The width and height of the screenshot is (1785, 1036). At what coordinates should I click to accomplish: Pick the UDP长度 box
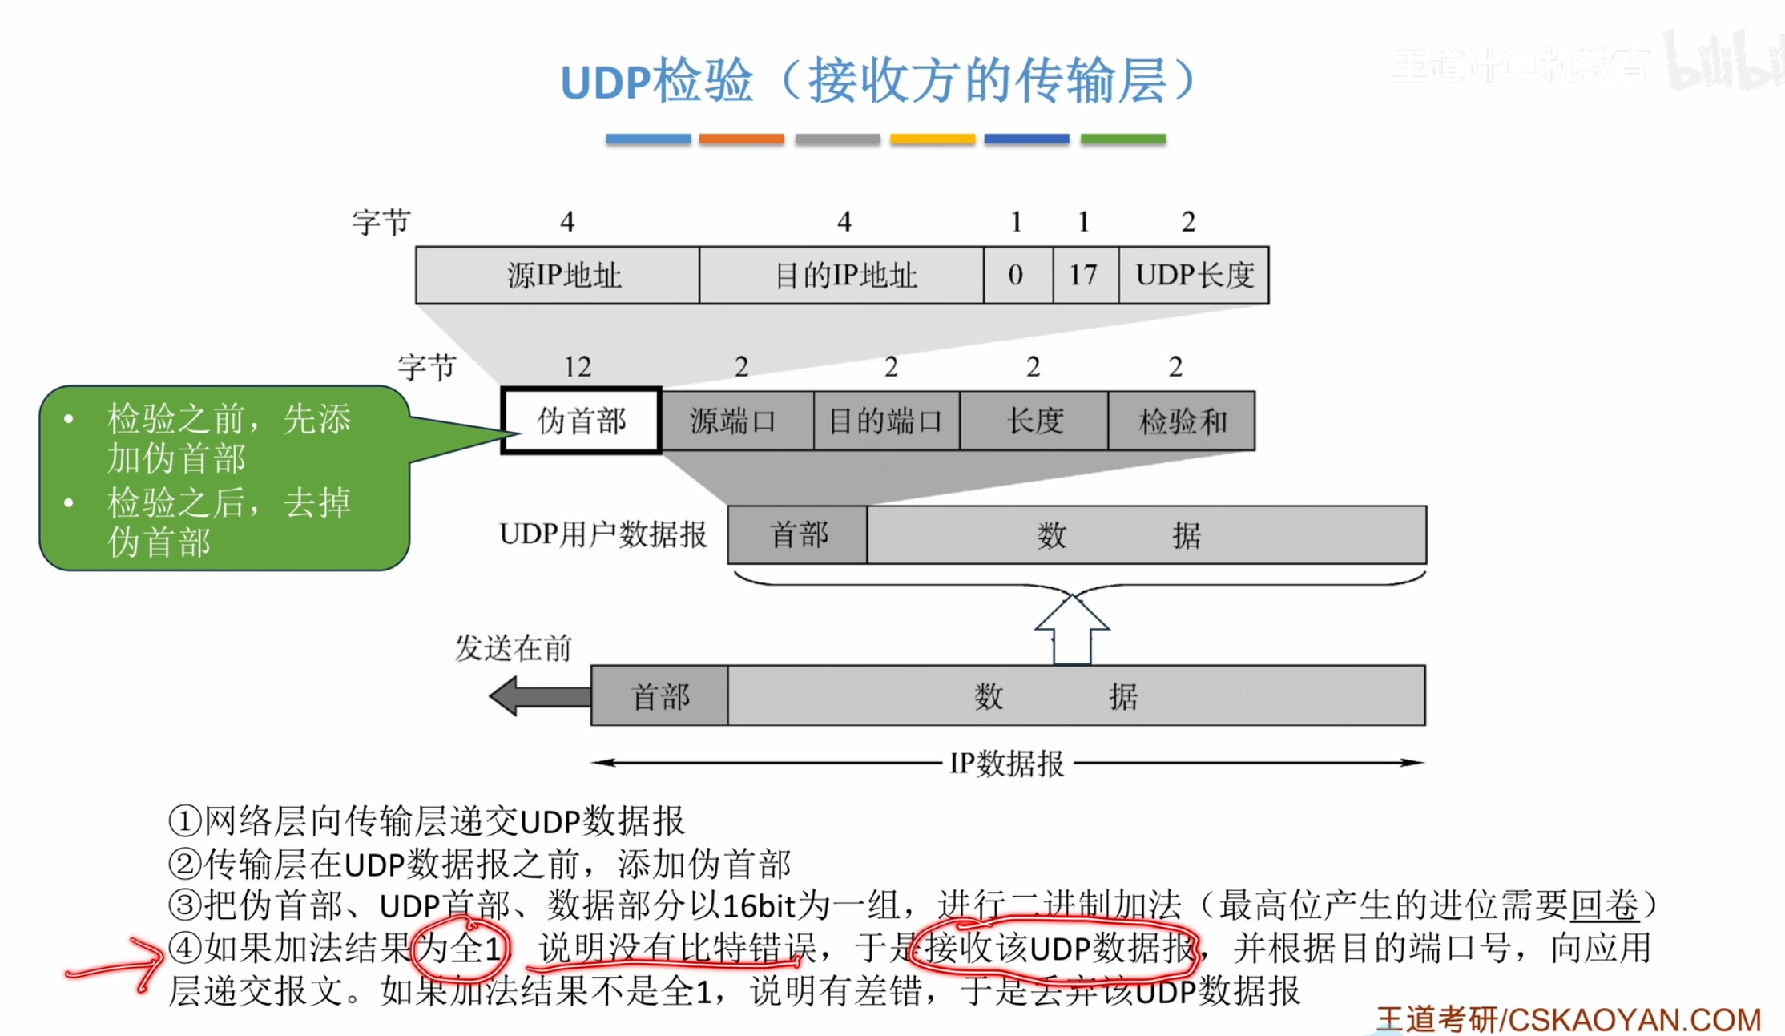tap(1194, 275)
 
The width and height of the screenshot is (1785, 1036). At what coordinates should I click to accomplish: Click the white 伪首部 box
tap(581, 421)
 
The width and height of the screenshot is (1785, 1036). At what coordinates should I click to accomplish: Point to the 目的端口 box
tap(886, 421)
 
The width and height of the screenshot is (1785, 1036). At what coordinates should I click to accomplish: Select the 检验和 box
tap(1182, 421)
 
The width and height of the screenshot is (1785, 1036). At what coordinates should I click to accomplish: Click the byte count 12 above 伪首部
tap(578, 367)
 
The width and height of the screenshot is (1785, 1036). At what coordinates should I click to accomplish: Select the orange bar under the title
tap(741, 139)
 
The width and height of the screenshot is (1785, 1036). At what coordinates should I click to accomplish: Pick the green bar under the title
tap(1122, 139)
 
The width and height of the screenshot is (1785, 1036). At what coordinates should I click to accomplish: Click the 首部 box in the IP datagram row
tap(659, 695)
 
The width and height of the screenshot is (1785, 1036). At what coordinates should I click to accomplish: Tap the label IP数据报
tap(1007, 764)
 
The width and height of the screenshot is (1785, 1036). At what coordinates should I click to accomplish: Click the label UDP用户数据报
tap(602, 534)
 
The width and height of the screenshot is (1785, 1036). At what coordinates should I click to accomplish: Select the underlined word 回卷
tap(1604, 905)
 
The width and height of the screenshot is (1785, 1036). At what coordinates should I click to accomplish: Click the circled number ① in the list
tap(184, 820)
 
